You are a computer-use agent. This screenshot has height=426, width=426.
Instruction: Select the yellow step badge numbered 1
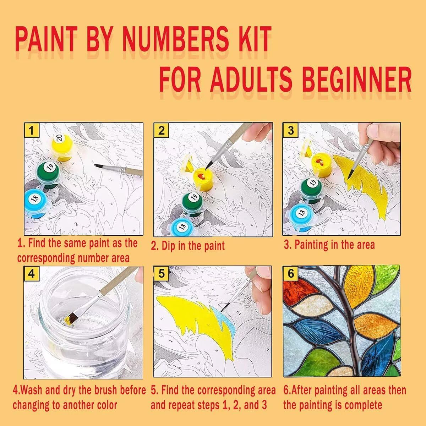pos(32,130)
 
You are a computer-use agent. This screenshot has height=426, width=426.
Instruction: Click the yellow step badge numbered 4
pos(31,274)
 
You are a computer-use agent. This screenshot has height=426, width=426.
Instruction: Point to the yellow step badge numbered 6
pos(291,273)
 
